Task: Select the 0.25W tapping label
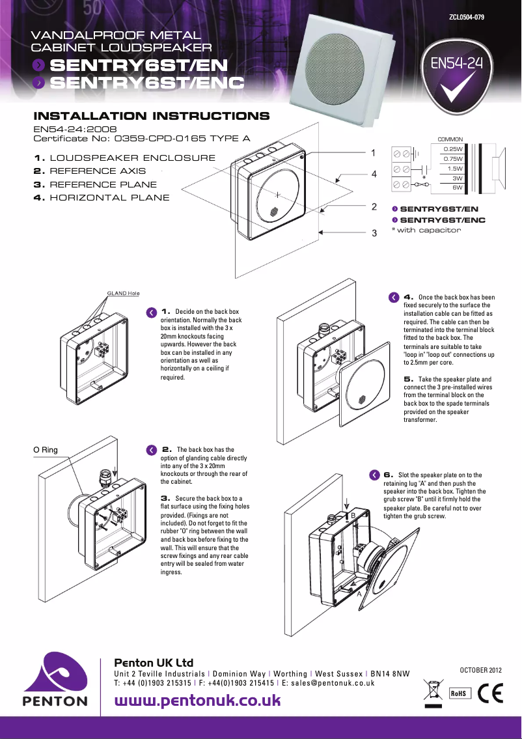pos(452,149)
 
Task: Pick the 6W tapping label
pos(457,188)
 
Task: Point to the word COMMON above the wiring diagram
pos(450,139)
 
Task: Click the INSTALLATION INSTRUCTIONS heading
pos(151,117)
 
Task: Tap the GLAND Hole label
pos(123,293)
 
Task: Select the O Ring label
pos(46,450)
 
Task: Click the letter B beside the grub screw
pos(353,515)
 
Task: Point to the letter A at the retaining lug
pos(359,594)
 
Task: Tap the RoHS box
pos(460,693)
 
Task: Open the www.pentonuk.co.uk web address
pos(197,701)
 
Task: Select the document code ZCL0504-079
pos(467,16)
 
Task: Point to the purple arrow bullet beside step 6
pos(374,475)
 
